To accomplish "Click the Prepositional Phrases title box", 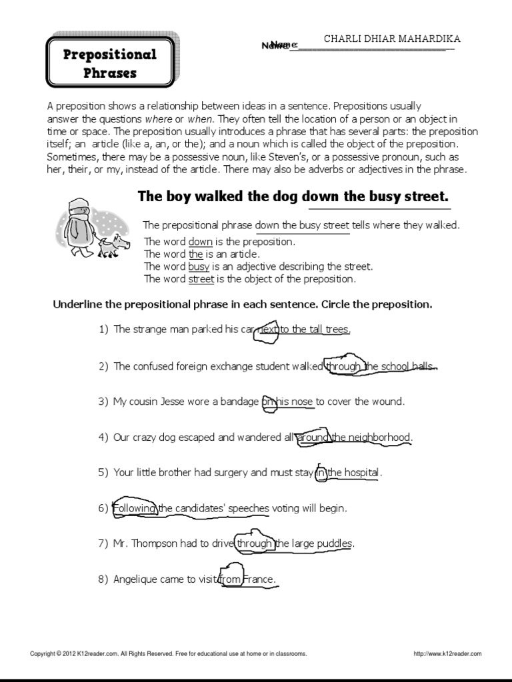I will [x=110, y=63].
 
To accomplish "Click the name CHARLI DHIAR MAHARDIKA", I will [x=391, y=39].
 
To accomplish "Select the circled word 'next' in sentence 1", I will [x=266, y=330].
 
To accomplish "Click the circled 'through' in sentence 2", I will [x=343, y=366].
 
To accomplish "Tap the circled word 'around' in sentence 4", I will [x=313, y=438].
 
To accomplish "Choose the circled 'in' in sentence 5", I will [x=321, y=474].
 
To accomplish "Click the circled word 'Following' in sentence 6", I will [x=135, y=509].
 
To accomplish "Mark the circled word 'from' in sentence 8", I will [x=230, y=580].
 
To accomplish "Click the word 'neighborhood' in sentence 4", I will [x=379, y=438].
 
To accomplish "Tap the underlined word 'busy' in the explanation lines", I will [x=199, y=266].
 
